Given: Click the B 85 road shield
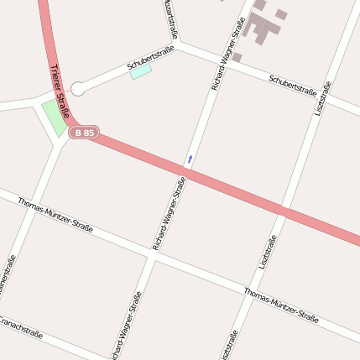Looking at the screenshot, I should coord(84,133).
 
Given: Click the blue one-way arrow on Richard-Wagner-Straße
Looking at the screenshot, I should coord(190,158).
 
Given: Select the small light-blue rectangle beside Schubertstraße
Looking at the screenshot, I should coord(141,72).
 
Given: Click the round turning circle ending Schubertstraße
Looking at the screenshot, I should coord(78,87).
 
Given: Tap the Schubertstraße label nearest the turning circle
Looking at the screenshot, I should coord(151,58).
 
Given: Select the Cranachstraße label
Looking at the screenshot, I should coord(20,327).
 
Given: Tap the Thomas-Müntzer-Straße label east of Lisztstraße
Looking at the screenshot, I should coord(282,305).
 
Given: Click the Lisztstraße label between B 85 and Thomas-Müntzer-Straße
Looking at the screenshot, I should coord(268,252).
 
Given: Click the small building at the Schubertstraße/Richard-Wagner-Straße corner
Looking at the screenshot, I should coord(237,57).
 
